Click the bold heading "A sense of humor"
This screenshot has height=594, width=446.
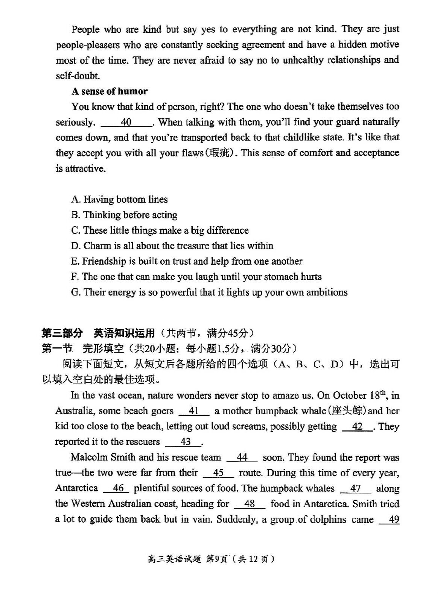[x=110, y=91]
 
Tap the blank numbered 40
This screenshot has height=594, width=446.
[x=126, y=122]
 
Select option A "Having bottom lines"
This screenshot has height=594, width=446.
[x=119, y=199]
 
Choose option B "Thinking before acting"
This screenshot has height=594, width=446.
[x=124, y=215]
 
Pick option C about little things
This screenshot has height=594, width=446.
[x=160, y=230]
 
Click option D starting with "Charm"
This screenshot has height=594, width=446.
[x=172, y=245]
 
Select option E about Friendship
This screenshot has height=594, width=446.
[x=186, y=261]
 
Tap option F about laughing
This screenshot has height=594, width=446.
[x=196, y=277]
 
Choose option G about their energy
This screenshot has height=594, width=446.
[x=209, y=292]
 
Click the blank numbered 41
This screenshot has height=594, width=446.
[x=194, y=411]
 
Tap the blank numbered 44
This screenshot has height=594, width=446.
[x=242, y=457]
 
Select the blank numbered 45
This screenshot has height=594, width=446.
[x=218, y=473]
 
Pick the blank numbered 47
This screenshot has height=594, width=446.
[x=355, y=488]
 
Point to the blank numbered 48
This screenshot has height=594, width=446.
[x=250, y=504]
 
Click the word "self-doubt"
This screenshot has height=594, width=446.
[x=78, y=76]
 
